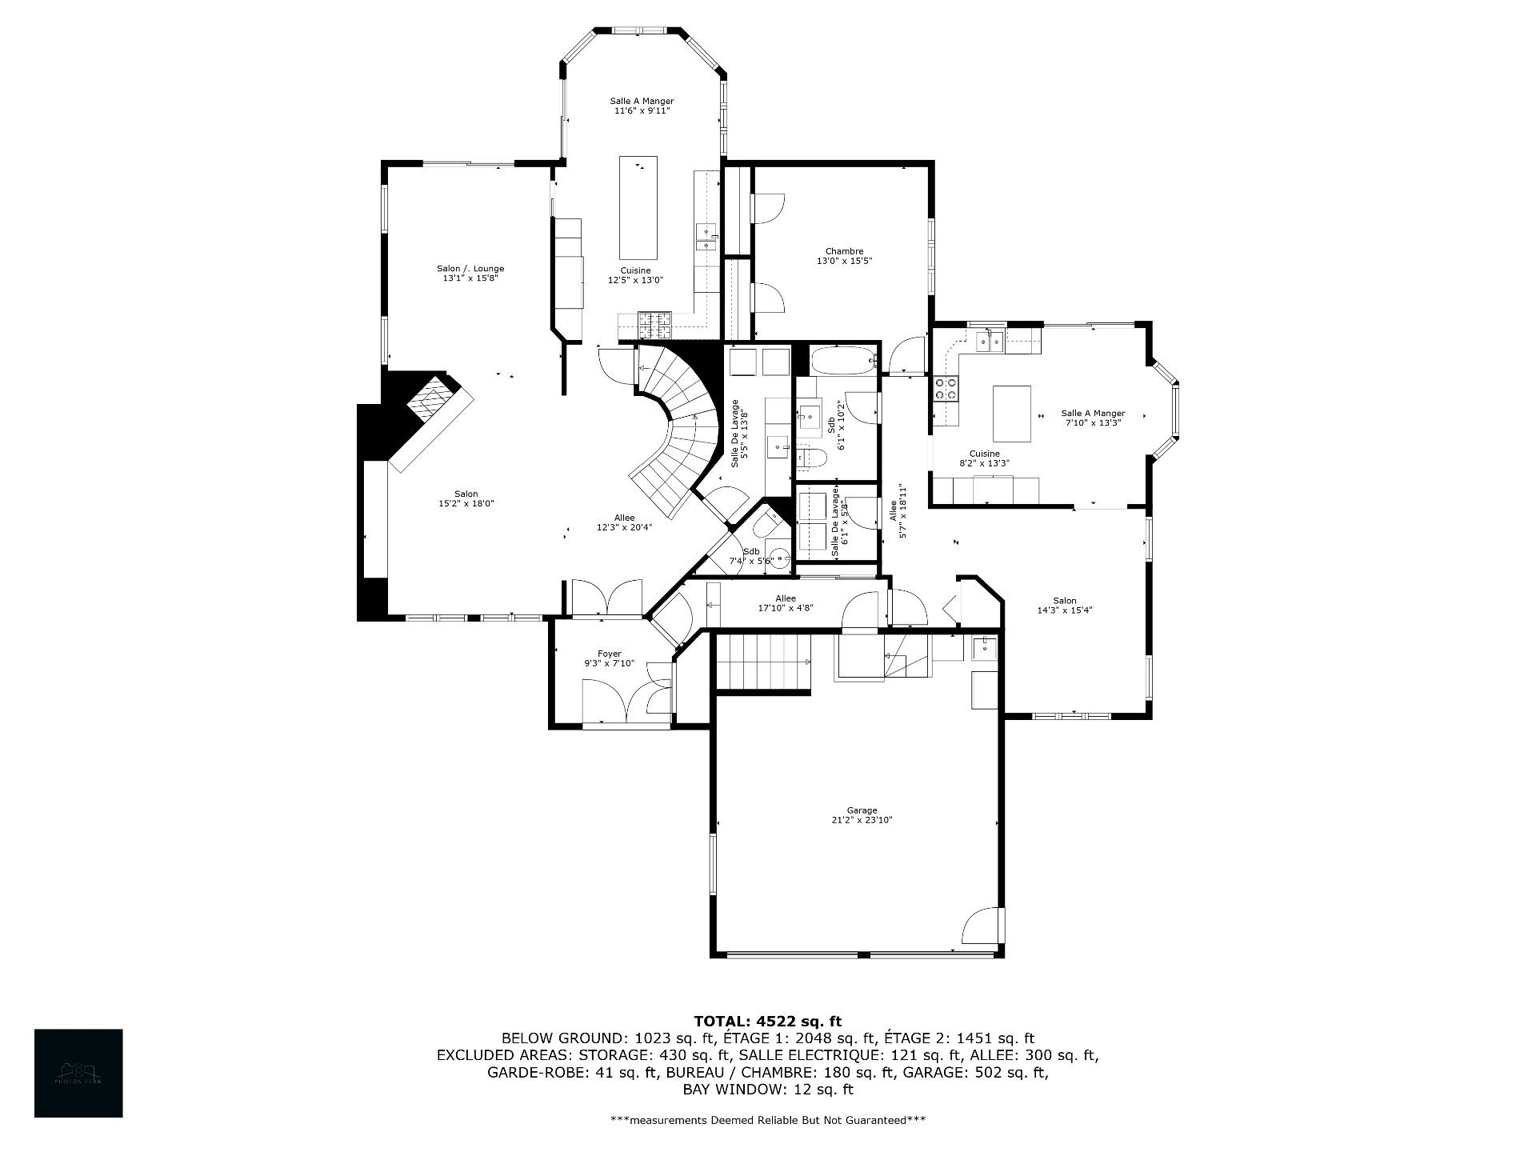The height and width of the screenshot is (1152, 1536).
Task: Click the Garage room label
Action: [x=862, y=810]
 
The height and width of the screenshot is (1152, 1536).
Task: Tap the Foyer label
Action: [x=609, y=654]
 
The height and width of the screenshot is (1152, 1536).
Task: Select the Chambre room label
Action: [x=844, y=251]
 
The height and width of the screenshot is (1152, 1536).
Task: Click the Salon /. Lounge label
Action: [x=470, y=269]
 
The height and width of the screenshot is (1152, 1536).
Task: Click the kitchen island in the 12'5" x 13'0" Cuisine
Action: [x=638, y=203]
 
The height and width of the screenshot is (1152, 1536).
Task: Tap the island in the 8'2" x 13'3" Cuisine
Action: [x=1011, y=414]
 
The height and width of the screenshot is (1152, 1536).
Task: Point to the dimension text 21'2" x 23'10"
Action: [x=862, y=820]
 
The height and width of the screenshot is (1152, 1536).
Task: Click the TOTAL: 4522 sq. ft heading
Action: [x=767, y=1021]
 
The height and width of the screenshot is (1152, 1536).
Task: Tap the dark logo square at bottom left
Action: [x=78, y=1073]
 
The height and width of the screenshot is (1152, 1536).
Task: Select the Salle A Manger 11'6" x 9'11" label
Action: [x=642, y=106]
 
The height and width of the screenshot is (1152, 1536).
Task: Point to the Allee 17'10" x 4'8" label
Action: [x=786, y=603]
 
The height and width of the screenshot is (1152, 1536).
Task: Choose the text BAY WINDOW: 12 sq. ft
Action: [x=767, y=1090]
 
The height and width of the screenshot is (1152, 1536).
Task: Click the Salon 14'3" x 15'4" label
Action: [x=1064, y=605]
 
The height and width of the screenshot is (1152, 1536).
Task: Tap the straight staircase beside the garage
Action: [x=762, y=661]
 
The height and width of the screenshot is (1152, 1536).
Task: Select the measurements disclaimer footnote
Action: [x=767, y=1120]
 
